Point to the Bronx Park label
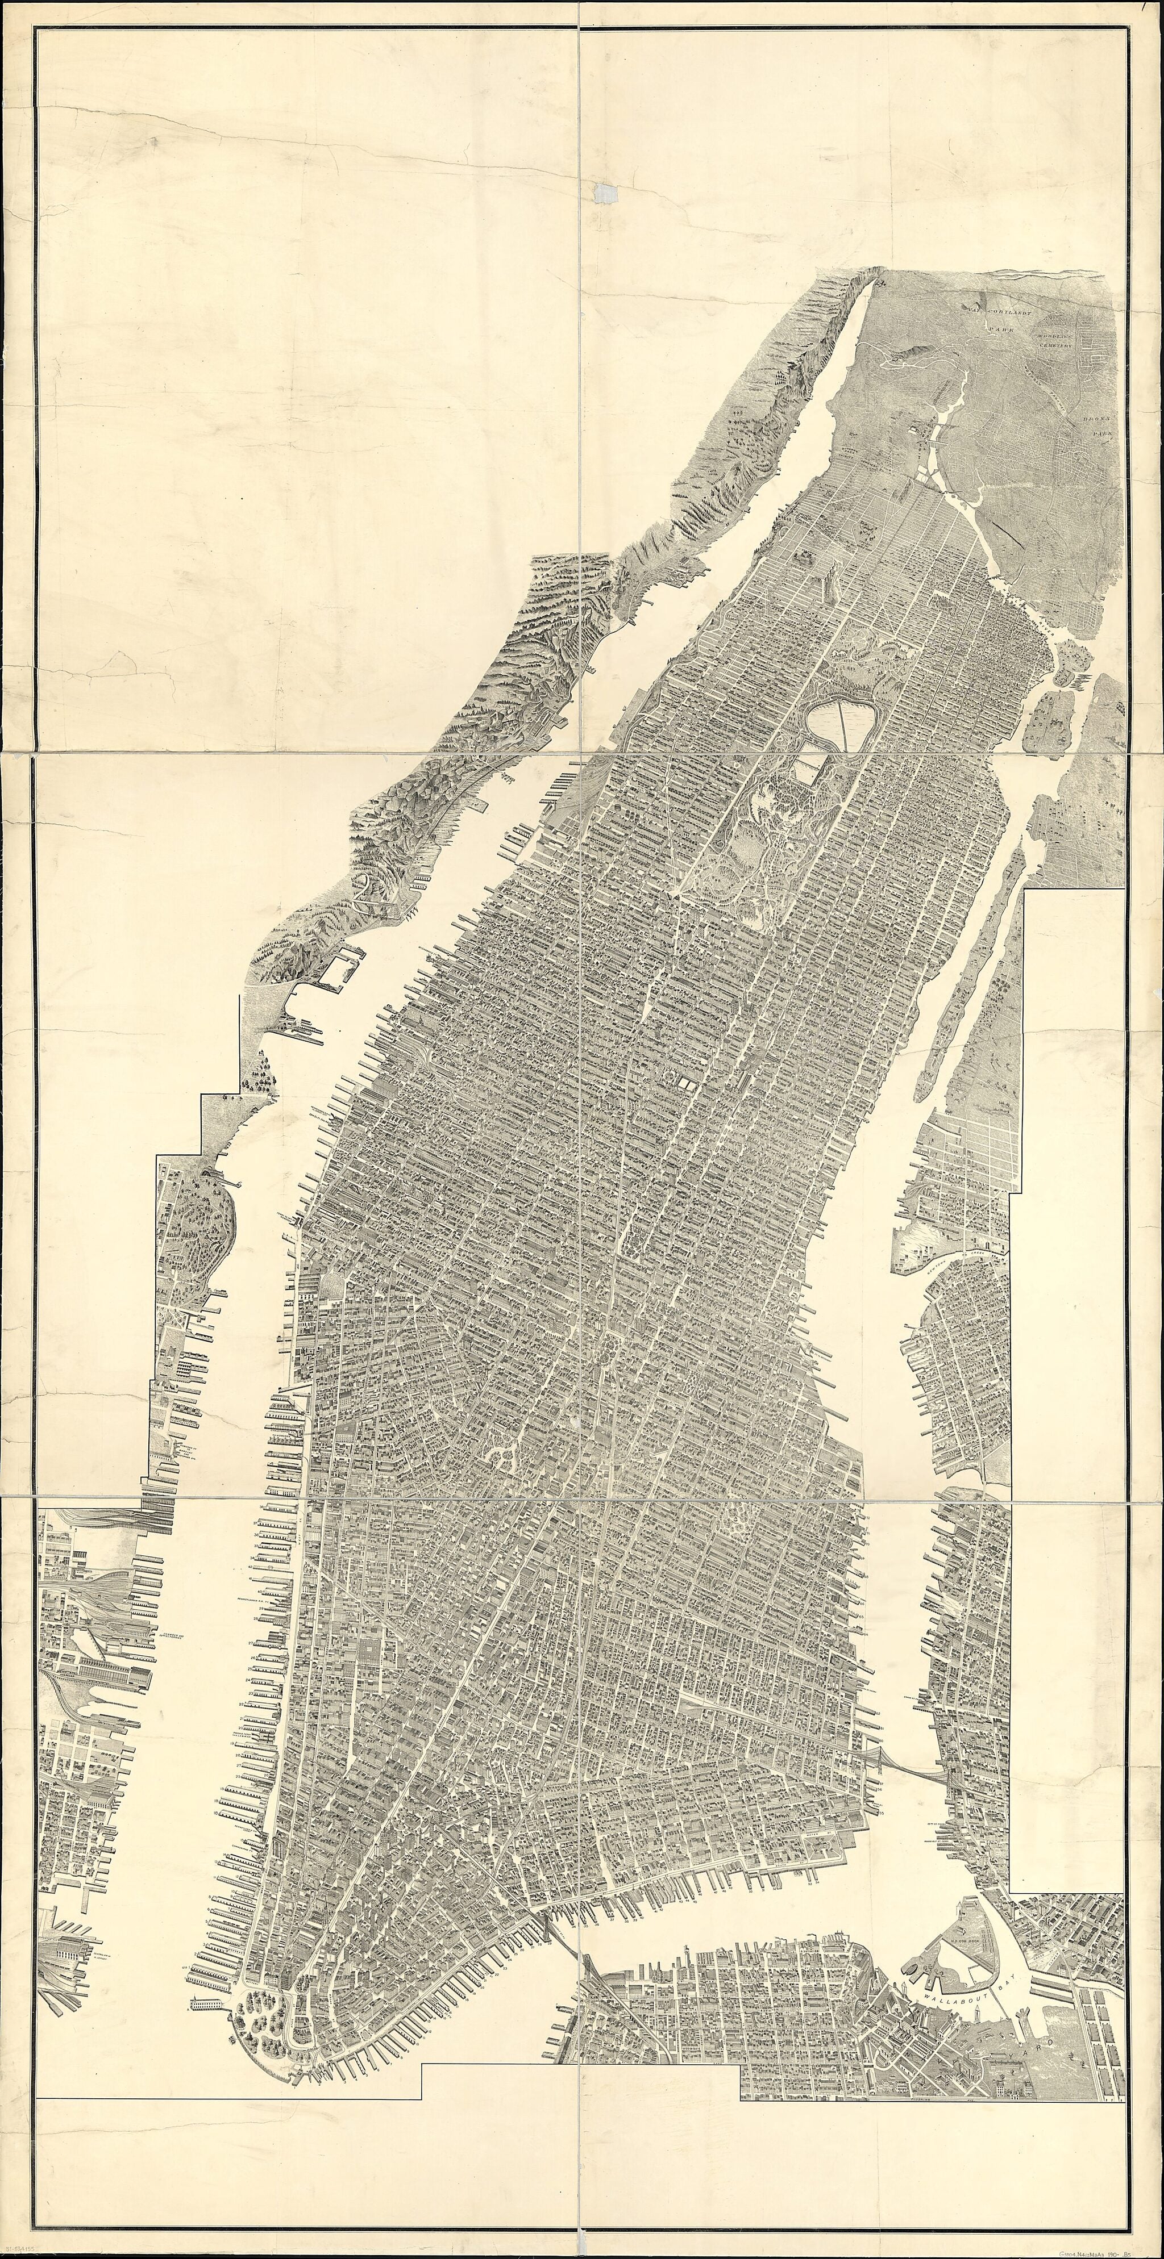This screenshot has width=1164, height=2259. pos(1096,426)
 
